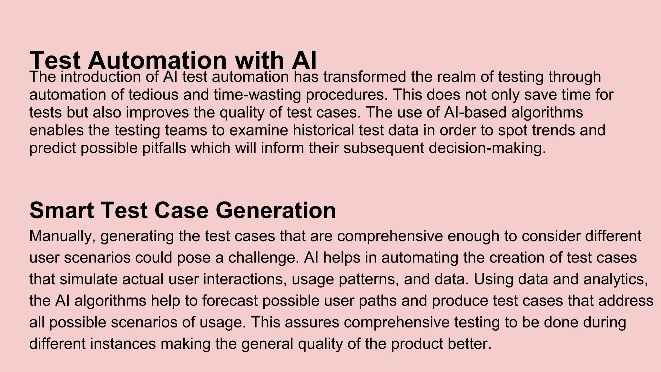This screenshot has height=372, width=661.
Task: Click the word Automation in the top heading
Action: pyautogui.click(x=157, y=60)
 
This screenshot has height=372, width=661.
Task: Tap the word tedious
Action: pyautogui.click(x=153, y=95)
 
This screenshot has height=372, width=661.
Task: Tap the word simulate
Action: pyautogui.click(x=88, y=279)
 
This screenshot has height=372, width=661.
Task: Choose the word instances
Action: pyautogui.click(x=123, y=344)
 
